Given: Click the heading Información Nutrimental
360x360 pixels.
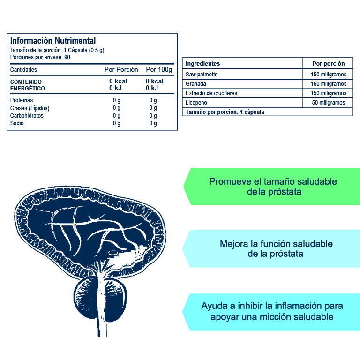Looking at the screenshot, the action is [x=53, y=41].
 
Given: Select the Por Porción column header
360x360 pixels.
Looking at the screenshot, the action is [x=121, y=69].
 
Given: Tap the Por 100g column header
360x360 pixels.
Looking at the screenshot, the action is [x=159, y=69].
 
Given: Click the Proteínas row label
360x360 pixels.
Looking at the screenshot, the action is [x=22, y=100].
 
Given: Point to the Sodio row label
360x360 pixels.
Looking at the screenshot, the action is [x=17, y=123].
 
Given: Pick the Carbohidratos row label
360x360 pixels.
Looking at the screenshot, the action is [x=27, y=115].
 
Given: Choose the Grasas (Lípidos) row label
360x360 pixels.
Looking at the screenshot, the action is [x=30, y=108].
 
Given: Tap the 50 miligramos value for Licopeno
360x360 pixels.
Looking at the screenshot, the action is [x=328, y=103].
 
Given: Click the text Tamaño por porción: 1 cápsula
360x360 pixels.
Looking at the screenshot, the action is [x=225, y=112].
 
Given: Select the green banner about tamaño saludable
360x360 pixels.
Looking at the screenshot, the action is [x=272, y=187].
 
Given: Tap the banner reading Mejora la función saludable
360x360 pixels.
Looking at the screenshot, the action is [x=271, y=248].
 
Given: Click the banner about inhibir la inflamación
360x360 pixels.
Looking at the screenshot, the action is [x=271, y=312].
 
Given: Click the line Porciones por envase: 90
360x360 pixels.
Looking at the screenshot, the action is [x=40, y=57].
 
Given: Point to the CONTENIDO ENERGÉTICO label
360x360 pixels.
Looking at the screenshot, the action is [x=27, y=85].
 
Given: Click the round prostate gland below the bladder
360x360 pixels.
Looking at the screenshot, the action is [x=100, y=299].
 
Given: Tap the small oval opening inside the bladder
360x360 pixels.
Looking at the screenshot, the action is [x=113, y=253].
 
